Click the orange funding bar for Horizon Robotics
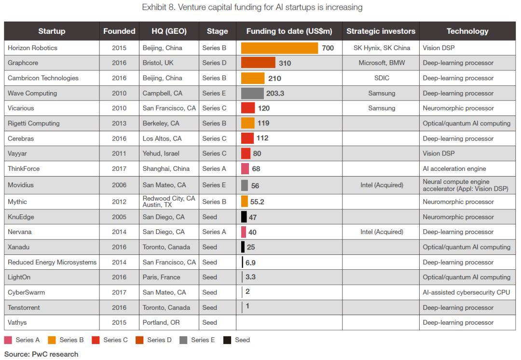point(279,48)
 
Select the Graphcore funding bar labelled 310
point(258,63)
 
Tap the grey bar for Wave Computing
point(252,93)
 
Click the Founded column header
point(119,31)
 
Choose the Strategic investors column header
point(381,31)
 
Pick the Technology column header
point(467,31)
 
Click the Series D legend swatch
point(139,340)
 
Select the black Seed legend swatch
point(227,340)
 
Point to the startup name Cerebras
point(21,138)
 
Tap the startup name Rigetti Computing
point(34,123)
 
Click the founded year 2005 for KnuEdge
point(119,217)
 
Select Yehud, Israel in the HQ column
point(161,153)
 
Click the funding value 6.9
point(250,262)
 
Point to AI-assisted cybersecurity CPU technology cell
point(466,292)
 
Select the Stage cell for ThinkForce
point(214,168)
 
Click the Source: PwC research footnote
point(41,354)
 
